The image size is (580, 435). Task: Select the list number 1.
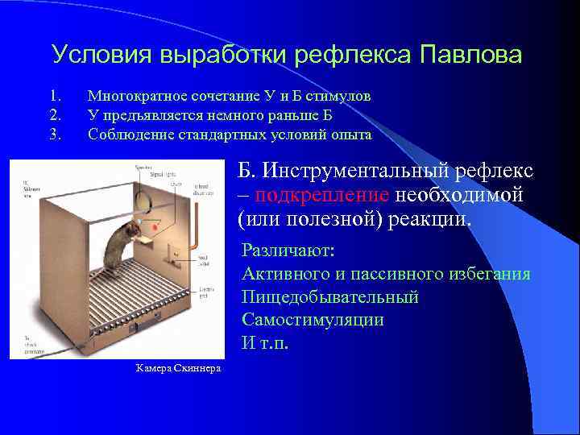[54, 96]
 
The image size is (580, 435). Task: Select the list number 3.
[55, 135]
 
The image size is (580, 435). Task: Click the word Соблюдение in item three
[125, 135]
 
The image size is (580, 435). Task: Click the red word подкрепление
[323, 194]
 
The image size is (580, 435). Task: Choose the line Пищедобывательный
[330, 297]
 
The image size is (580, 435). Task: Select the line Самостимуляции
[313, 320]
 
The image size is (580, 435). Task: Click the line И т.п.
[264, 342]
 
